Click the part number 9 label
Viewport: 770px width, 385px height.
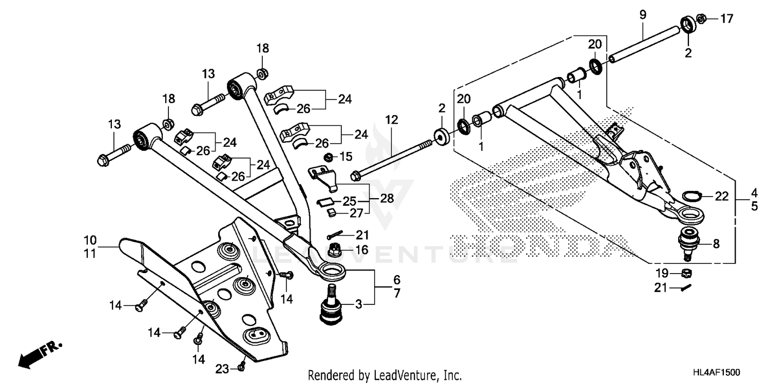pyautogui.click(x=643, y=15)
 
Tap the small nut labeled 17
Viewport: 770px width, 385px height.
pyautogui.click(x=702, y=20)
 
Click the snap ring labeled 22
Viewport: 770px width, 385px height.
pyautogui.click(x=691, y=196)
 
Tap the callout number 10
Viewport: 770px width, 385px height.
pyautogui.click(x=90, y=240)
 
